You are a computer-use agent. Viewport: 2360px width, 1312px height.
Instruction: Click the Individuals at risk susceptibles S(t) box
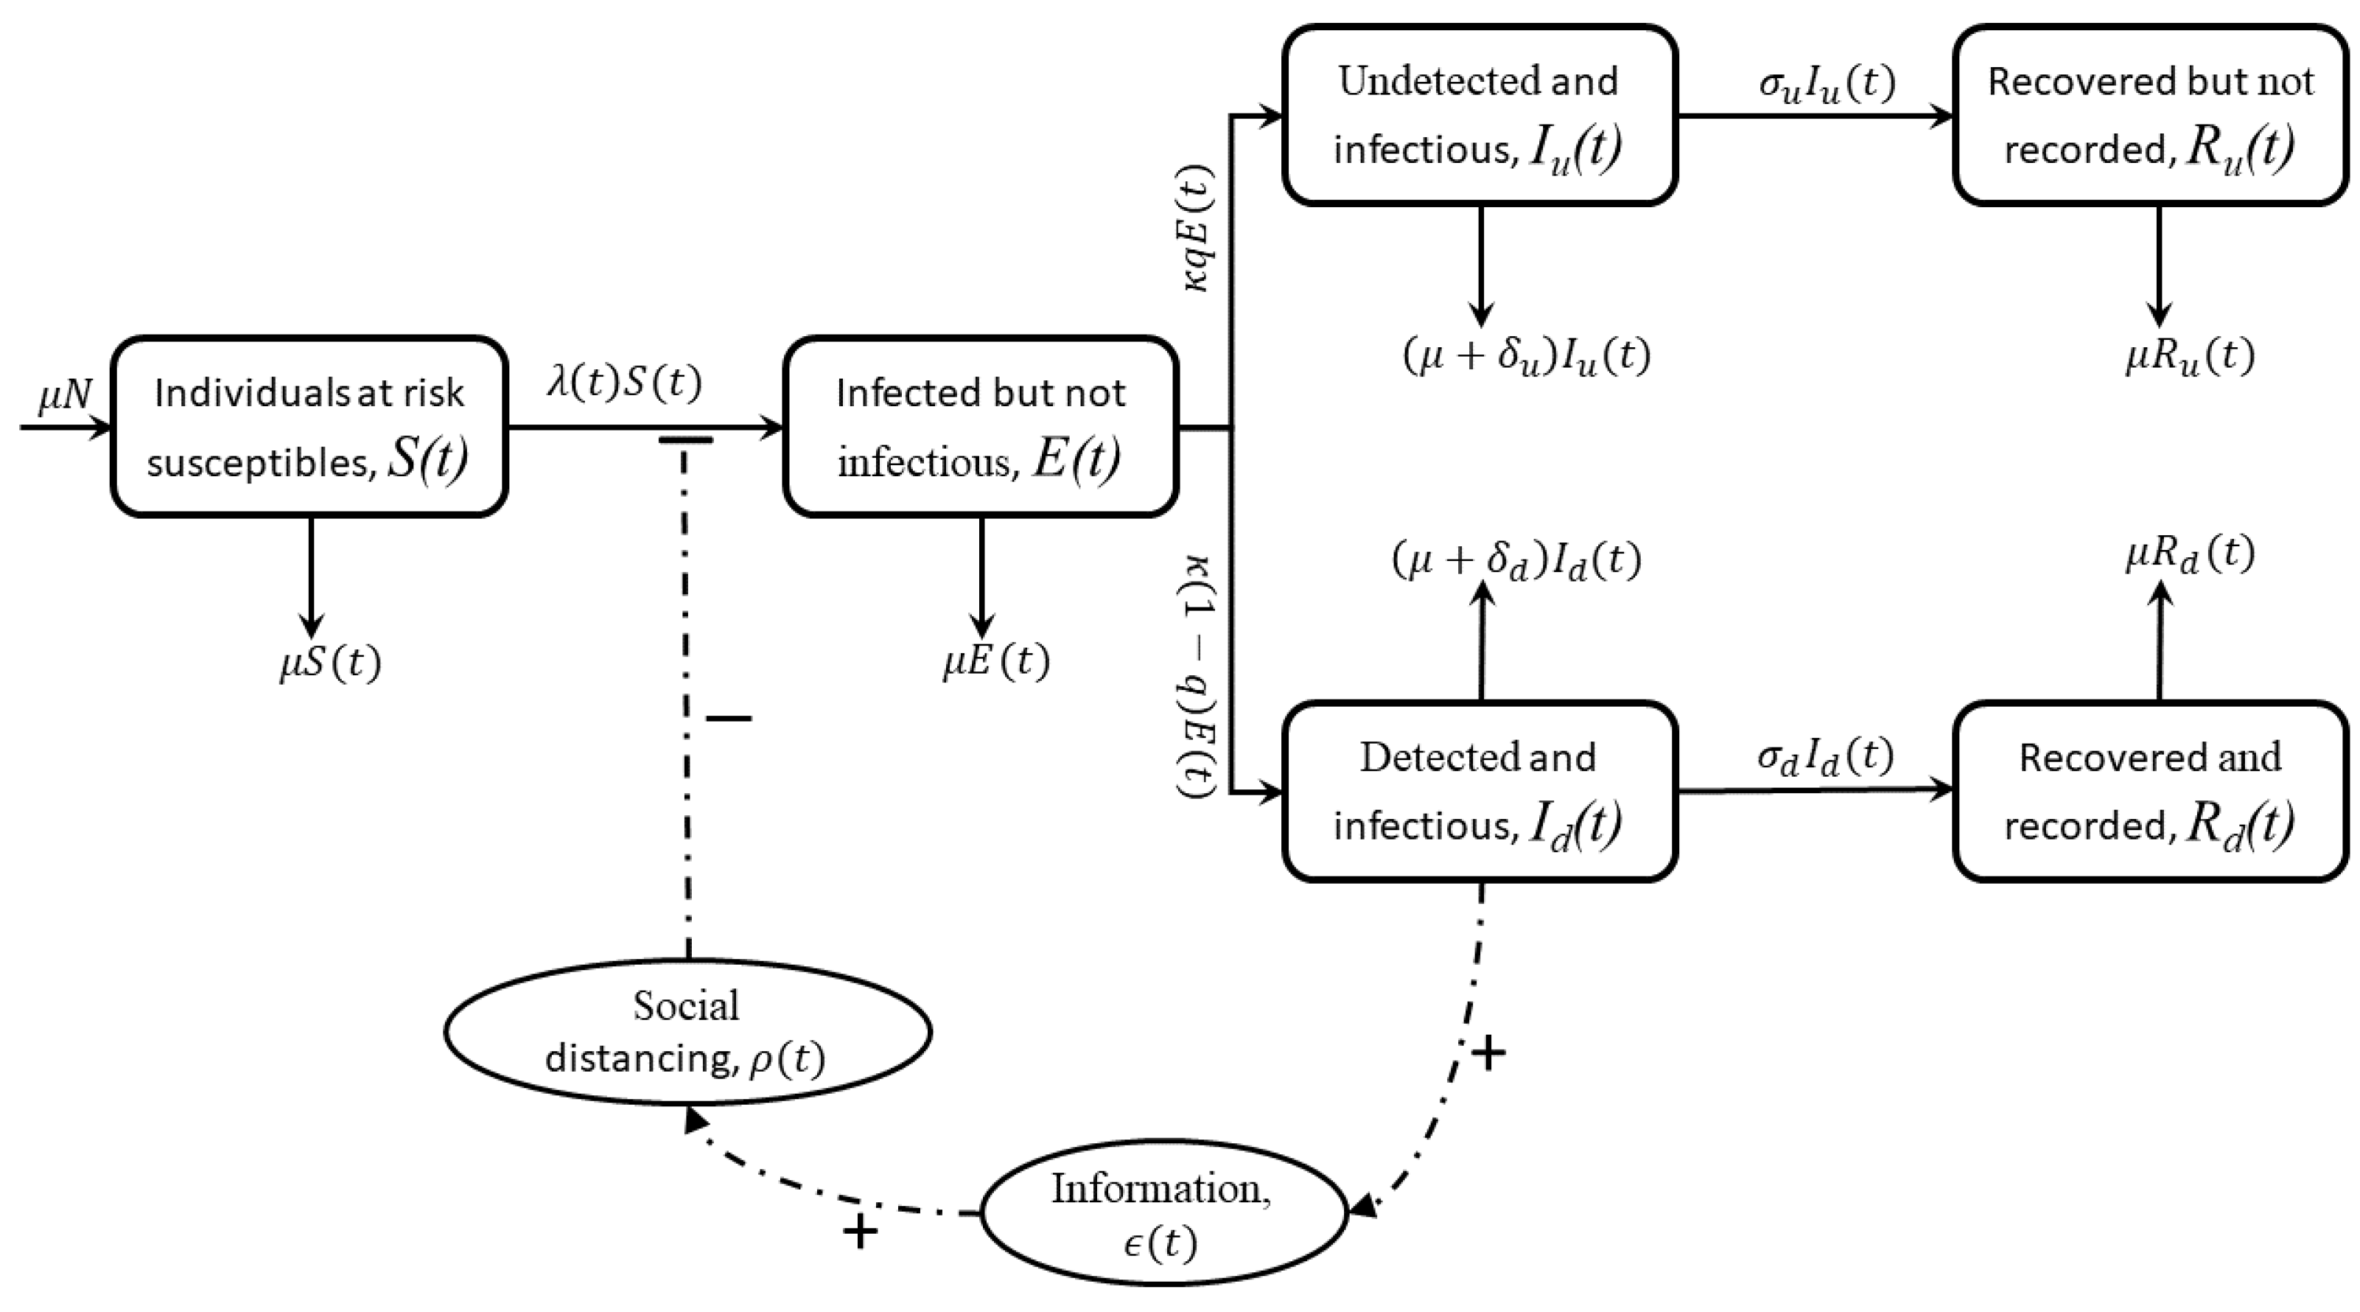(x=309, y=427)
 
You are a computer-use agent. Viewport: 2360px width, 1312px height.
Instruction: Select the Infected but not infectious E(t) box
(x=980, y=427)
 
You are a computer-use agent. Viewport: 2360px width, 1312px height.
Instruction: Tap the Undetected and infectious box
(x=1480, y=116)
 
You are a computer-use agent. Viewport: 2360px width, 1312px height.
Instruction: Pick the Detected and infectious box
(x=1480, y=792)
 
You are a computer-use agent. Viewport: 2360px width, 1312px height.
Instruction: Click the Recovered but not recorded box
(x=2149, y=116)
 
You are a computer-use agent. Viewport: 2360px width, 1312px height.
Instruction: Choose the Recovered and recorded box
(x=2149, y=792)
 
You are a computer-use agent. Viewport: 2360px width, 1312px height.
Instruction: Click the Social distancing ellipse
(x=687, y=1033)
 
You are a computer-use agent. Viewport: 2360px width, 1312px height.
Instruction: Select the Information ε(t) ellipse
(x=1163, y=1214)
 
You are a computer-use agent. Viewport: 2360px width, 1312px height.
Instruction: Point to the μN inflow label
(x=64, y=396)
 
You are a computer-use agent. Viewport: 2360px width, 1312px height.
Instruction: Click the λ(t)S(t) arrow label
(x=625, y=383)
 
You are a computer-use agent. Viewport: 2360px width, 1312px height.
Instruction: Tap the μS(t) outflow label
(x=330, y=663)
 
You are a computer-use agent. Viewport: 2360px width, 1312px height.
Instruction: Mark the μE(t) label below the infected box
(x=996, y=661)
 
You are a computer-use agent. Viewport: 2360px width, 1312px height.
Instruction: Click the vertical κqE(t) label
(x=1197, y=228)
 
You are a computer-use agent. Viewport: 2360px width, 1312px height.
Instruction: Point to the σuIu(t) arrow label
(x=1826, y=84)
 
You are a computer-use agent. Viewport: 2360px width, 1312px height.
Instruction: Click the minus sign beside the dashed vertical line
(x=729, y=719)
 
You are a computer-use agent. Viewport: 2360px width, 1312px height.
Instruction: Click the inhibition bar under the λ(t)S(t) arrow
(x=685, y=441)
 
